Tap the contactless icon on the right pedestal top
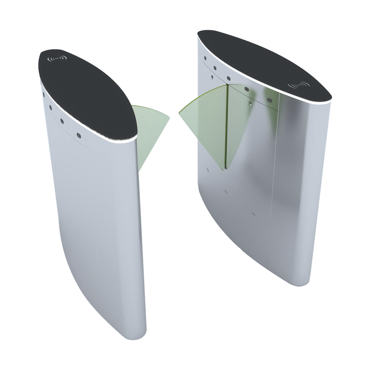298,85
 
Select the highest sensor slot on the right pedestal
205,58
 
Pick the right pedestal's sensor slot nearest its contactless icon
269,100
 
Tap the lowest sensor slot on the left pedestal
78,136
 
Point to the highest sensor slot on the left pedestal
44,95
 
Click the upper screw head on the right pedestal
211,76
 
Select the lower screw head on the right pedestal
250,103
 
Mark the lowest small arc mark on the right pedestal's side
253,215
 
